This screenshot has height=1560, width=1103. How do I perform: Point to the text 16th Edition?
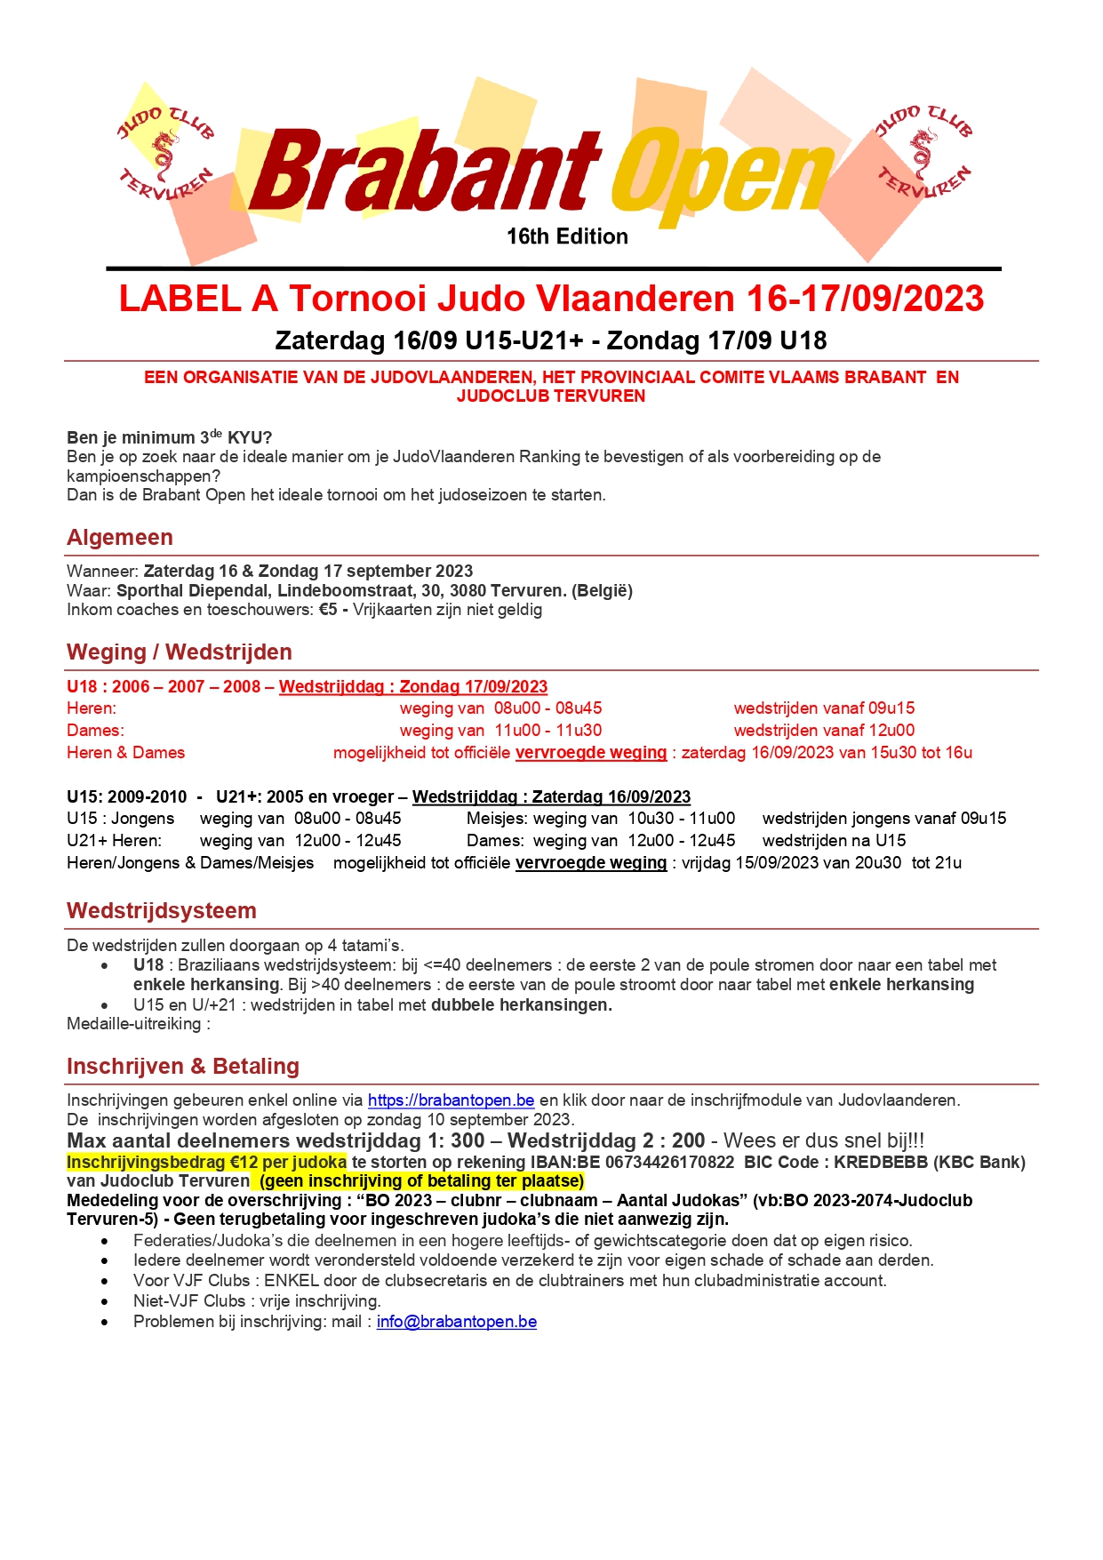[x=567, y=236]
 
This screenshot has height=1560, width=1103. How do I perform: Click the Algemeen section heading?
[x=120, y=538]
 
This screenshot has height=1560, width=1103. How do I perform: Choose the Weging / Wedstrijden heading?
[x=180, y=652]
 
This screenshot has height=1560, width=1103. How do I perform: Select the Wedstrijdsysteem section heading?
[x=162, y=911]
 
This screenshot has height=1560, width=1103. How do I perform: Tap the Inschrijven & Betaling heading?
[x=183, y=1067]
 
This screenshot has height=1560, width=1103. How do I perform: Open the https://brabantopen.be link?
[x=451, y=1100]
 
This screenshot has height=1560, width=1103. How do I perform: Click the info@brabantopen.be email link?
[x=456, y=1322]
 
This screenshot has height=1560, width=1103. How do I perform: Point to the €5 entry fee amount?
[x=328, y=610]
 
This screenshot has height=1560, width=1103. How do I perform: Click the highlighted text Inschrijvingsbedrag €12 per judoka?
[x=206, y=1163]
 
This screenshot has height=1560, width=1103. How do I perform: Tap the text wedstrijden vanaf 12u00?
[x=824, y=731]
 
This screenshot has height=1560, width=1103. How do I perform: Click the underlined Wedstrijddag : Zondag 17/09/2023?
[x=413, y=687]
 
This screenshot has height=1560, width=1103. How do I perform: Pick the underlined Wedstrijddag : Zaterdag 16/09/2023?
[x=551, y=797]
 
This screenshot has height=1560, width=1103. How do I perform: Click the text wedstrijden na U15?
[x=834, y=841]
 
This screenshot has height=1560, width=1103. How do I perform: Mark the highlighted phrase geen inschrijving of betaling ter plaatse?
[x=421, y=1181]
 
